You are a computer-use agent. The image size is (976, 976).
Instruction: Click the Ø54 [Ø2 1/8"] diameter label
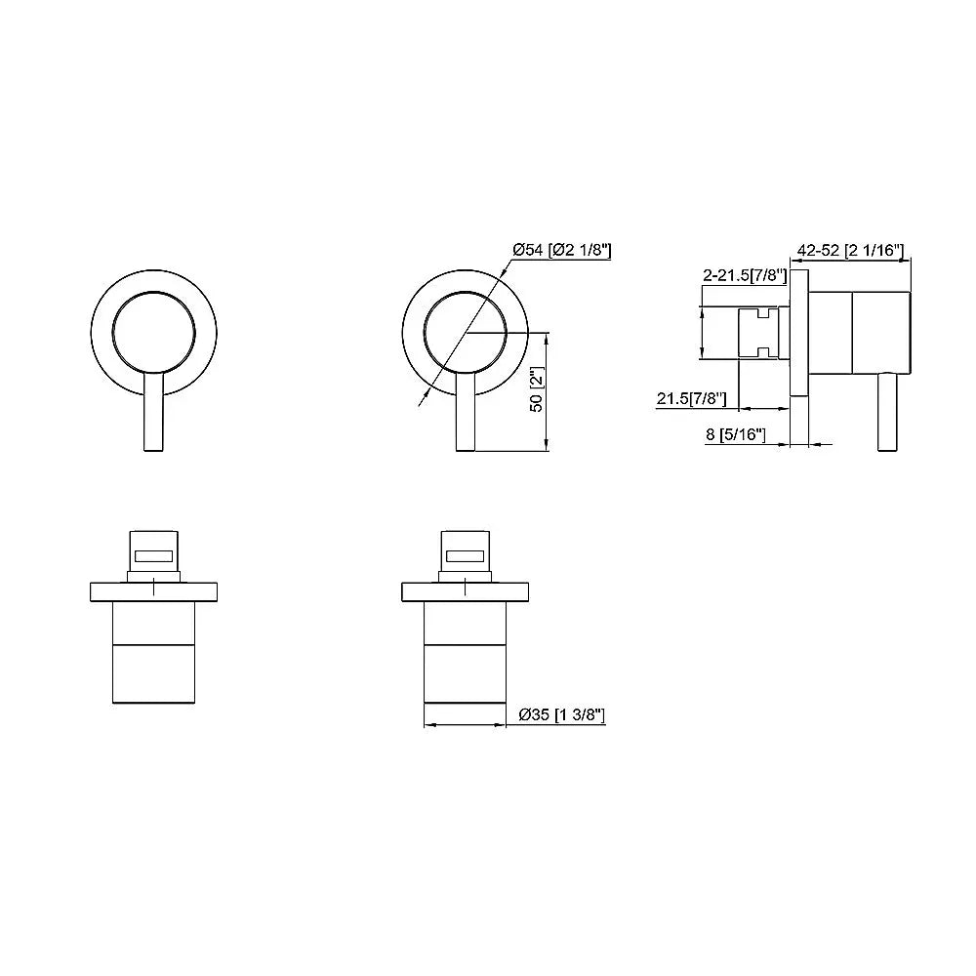coord(562,251)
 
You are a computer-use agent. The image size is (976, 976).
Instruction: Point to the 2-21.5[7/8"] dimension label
coord(744,276)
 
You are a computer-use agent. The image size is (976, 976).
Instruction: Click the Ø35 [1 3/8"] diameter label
coord(563,715)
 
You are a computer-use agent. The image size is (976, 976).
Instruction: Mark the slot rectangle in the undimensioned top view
coord(153,556)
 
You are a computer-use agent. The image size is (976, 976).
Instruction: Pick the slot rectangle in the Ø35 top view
coord(466,556)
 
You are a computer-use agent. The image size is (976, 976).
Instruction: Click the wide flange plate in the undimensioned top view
coord(153,590)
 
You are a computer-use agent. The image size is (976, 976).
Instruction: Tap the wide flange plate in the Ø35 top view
coord(466,590)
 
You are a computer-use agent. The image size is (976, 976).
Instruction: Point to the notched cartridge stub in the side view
coord(758,332)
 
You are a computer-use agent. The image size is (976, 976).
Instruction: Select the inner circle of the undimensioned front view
coord(153,332)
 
